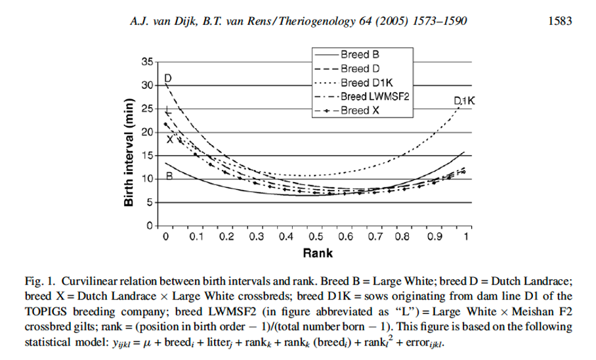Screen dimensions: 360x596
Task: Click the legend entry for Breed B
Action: click(x=355, y=56)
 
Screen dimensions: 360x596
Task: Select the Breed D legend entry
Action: click(x=355, y=69)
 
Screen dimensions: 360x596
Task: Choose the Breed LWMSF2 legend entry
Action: click(x=370, y=97)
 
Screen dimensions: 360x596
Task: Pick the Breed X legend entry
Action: click(x=355, y=110)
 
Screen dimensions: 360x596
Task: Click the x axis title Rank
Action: click(x=316, y=252)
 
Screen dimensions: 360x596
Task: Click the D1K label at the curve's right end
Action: click(x=463, y=101)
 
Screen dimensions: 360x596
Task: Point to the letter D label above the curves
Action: click(x=167, y=78)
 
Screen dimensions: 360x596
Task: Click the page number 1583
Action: click(x=561, y=22)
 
